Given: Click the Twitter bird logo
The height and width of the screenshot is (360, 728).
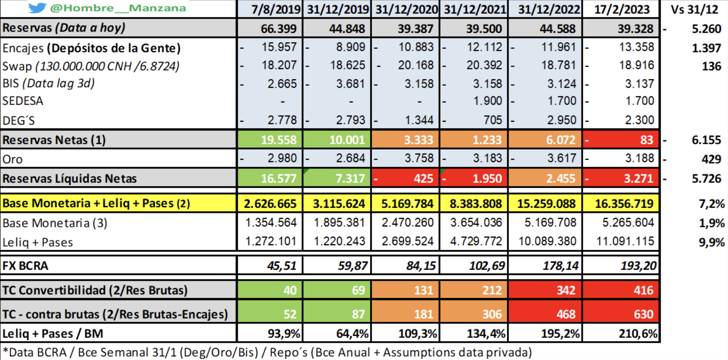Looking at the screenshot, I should click(37, 8).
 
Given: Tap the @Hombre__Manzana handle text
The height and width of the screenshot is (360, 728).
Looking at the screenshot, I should click(118, 8).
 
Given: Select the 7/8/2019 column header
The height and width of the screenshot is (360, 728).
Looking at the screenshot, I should click(276, 9).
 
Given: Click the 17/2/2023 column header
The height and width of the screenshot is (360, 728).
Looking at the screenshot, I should click(622, 9).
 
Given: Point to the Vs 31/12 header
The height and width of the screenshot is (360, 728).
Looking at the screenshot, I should click(694, 9).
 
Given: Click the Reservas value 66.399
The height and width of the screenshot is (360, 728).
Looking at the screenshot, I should click(278, 29).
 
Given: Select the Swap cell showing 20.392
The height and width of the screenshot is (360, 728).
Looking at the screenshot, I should click(484, 65).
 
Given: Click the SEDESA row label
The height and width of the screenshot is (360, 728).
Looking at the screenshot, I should click(23, 101).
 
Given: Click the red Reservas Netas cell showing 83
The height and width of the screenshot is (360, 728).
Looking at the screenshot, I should click(646, 140).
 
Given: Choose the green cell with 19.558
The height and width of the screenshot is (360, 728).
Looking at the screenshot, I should click(278, 140).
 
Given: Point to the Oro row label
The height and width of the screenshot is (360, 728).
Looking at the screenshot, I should click(12, 159).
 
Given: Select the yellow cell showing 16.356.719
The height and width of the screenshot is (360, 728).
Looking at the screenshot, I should click(624, 204).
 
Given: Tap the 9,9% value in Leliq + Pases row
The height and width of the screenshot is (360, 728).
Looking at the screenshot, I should click(711, 242).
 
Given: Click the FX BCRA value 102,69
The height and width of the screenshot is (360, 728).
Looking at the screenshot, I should click(487, 266).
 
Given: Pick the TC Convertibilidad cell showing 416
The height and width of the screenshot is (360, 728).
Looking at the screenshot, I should click(643, 290).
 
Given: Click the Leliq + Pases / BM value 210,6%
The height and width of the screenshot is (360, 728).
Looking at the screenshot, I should click(638, 334).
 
